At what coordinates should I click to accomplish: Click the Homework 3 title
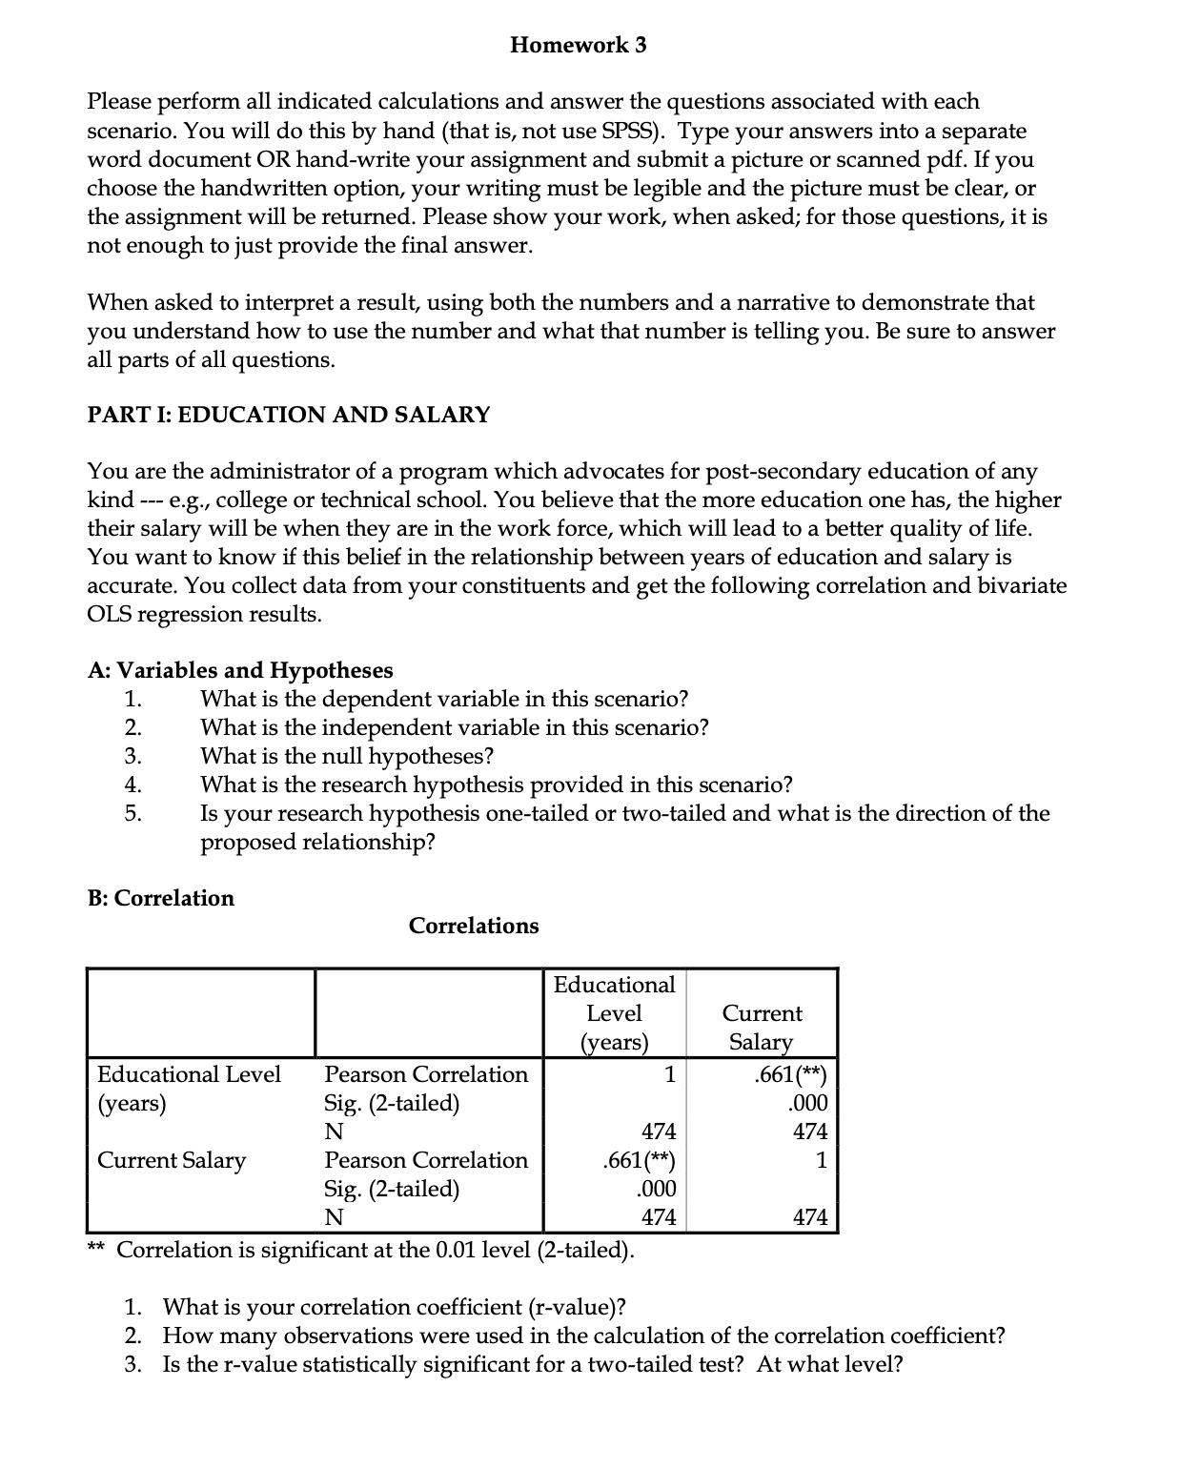point(578,45)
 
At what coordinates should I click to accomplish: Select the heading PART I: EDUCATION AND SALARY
point(289,415)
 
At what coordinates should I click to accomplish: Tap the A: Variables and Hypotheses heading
point(240,670)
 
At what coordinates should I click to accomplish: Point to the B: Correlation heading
point(160,898)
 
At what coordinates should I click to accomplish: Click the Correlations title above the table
point(474,926)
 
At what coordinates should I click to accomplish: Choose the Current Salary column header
point(762,1027)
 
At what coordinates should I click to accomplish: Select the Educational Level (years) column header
point(614,1012)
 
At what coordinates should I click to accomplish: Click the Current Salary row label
point(172,1160)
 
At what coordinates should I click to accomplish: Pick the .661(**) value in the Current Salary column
point(789,1074)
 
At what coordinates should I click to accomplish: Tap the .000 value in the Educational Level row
point(808,1103)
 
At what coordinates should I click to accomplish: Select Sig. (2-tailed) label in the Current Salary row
point(392,1189)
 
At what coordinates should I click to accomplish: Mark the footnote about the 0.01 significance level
point(375,1250)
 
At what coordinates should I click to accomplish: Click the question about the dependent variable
point(443,699)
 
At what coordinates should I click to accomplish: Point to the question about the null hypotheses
point(347,756)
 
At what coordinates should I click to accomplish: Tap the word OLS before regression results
point(109,614)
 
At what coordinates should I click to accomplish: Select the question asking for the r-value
point(394,1307)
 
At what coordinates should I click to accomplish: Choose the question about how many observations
point(582,1335)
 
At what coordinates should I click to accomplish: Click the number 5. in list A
point(133,813)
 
